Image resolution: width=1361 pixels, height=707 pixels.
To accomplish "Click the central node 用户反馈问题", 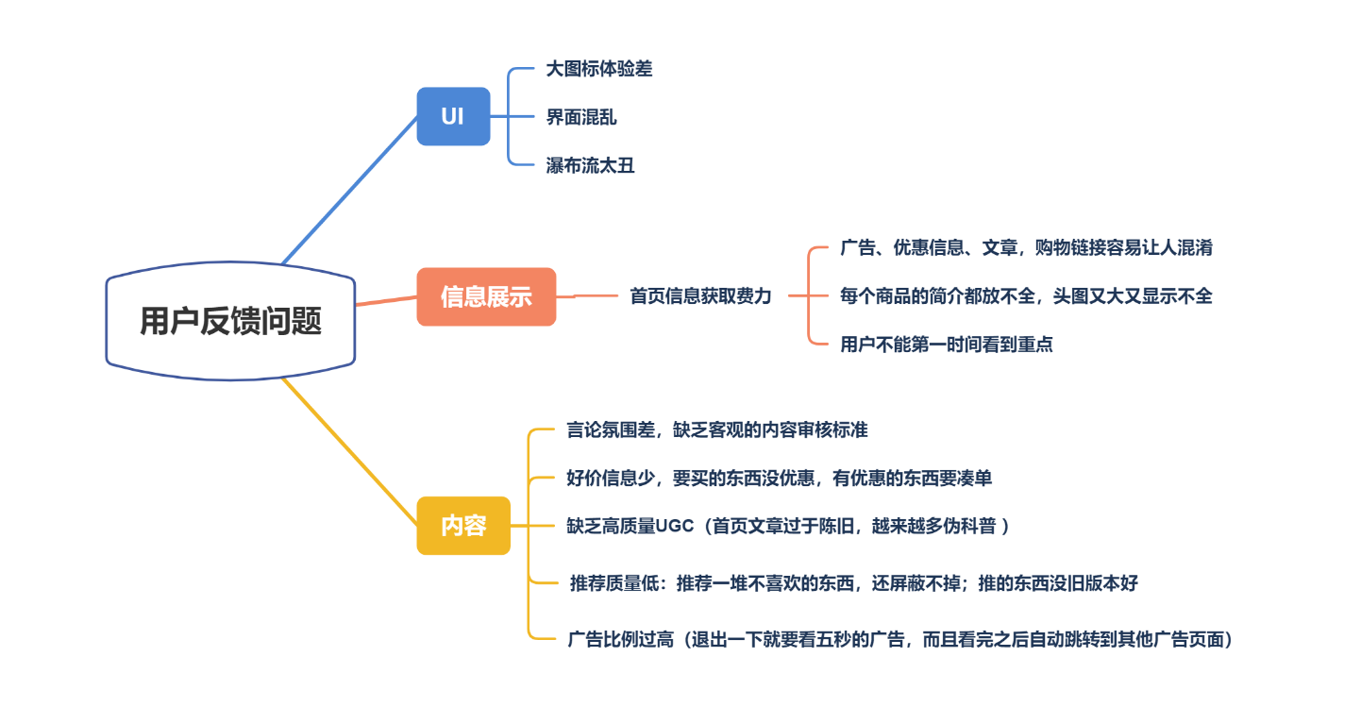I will pyautogui.click(x=230, y=321).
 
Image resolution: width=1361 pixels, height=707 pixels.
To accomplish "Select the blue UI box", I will pyautogui.click(x=453, y=116).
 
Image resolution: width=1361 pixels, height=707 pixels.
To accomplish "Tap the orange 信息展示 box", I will pyautogui.click(x=486, y=296).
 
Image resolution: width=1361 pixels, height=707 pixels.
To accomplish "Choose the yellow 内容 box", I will pyautogui.click(x=463, y=525).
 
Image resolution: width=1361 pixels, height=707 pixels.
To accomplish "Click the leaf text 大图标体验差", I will pyautogui.click(x=598, y=69).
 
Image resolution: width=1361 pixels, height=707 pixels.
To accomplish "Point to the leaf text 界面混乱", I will pyautogui.click(x=580, y=117).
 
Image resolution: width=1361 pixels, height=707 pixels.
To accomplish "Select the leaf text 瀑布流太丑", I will pyautogui.click(x=590, y=166).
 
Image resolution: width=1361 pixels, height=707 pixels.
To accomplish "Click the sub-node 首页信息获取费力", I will pyautogui.click(x=700, y=296).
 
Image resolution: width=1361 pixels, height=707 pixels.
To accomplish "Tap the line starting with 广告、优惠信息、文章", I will pyautogui.click(x=1026, y=248).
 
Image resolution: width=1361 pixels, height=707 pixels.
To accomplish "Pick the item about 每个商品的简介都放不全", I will pyautogui.click(x=1026, y=296).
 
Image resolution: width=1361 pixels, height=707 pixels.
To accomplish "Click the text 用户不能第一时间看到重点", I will pyautogui.click(x=947, y=345).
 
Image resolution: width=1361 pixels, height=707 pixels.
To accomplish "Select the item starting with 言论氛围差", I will pyautogui.click(x=716, y=430).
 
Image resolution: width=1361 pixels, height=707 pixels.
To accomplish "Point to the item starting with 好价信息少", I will pyautogui.click(x=779, y=479).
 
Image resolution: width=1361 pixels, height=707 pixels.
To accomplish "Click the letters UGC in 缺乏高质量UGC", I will pyautogui.click(x=674, y=527).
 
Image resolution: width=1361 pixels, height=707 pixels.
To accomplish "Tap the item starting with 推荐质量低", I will pyautogui.click(x=853, y=583).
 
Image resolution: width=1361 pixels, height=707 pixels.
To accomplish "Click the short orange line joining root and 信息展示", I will pyautogui.click(x=385, y=301).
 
